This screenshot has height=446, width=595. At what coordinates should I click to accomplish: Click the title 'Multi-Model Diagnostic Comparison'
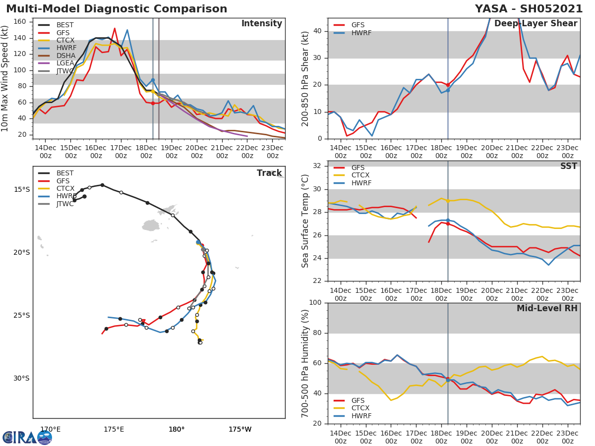(117, 9)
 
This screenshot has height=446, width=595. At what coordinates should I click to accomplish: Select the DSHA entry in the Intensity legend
(66, 56)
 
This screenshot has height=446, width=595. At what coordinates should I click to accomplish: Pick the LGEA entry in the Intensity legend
(66, 63)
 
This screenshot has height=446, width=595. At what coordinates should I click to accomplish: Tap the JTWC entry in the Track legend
(65, 204)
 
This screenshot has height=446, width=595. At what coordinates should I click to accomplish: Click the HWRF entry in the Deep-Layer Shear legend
(361, 33)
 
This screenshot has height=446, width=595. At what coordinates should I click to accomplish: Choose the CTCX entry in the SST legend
(360, 175)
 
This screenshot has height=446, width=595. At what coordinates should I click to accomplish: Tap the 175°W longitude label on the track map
(240, 429)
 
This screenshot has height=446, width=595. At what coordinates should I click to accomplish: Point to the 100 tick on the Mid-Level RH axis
(317, 303)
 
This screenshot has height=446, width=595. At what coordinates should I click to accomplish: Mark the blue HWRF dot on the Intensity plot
(153, 80)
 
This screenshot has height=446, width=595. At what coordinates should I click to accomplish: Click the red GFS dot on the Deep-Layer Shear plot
(448, 85)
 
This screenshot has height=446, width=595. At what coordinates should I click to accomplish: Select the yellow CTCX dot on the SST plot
(448, 201)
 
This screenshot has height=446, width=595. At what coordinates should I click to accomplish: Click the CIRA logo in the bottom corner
(27, 438)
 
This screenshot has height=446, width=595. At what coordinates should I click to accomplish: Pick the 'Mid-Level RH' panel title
(547, 309)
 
